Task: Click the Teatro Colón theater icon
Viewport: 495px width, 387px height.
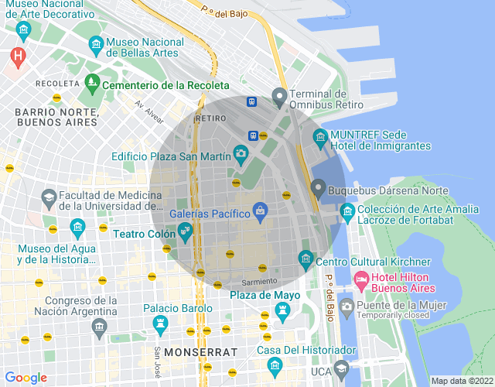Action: tap(184, 229)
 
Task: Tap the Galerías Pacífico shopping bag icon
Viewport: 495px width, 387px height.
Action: tap(261, 210)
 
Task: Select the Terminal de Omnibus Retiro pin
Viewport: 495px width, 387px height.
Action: tap(279, 98)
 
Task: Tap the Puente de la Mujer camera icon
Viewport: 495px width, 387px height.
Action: tap(346, 306)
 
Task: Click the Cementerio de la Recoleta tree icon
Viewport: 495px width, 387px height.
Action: tap(92, 81)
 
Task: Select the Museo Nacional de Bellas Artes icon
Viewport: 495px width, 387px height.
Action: tap(96, 44)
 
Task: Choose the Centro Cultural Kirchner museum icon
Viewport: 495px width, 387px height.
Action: tap(306, 258)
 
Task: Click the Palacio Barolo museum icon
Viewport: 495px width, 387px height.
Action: tap(159, 323)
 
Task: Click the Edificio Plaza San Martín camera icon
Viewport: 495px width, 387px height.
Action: tap(241, 152)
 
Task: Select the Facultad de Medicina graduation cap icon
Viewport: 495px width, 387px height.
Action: tap(49, 199)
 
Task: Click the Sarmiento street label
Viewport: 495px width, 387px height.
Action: tap(258, 281)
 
